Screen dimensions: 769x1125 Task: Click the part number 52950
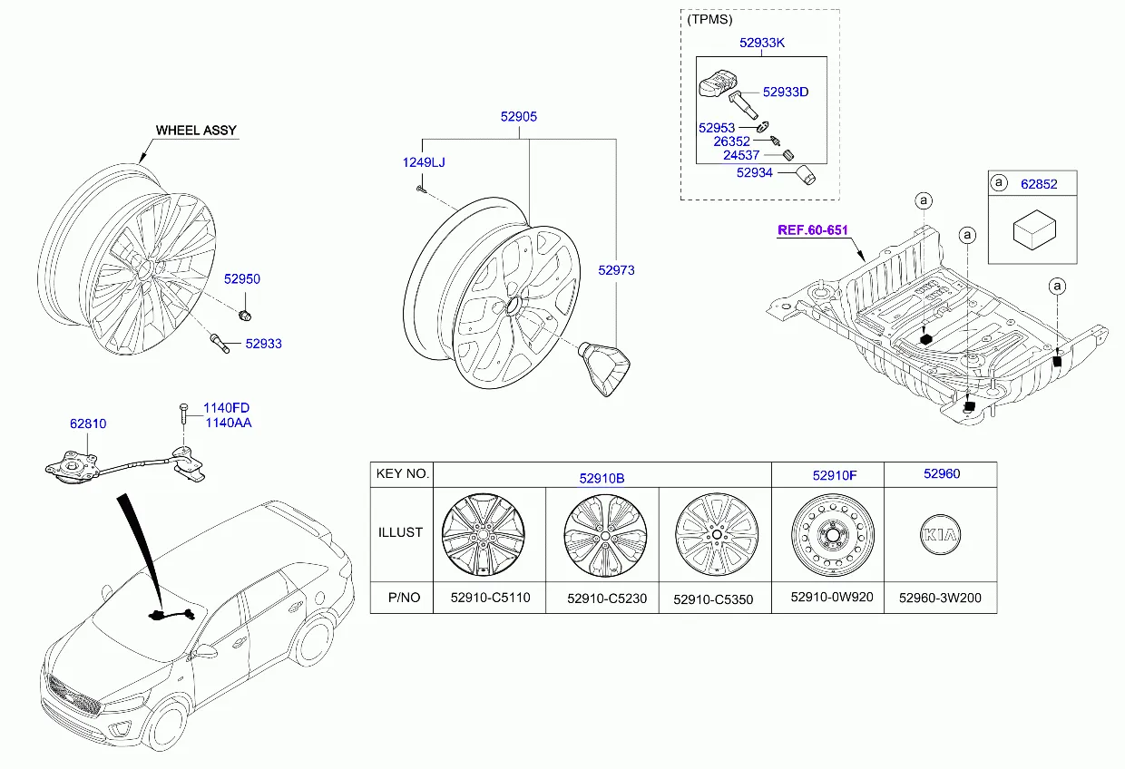coord(242,279)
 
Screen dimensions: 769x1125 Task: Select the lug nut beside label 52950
coord(244,316)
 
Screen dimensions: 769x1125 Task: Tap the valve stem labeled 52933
coord(220,344)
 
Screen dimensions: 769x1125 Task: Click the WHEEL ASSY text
coord(196,131)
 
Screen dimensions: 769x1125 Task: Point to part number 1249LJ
coord(424,162)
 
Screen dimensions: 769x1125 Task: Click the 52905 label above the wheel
coord(519,117)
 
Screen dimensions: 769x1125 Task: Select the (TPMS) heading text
coord(709,19)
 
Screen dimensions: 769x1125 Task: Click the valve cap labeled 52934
coord(806,174)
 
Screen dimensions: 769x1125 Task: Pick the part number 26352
coord(731,141)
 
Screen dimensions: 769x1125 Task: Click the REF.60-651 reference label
coord(813,230)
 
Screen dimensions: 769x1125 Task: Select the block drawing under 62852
coord(1032,231)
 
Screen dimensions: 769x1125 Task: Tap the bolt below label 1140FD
coord(183,420)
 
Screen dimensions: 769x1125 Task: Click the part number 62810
coord(88,423)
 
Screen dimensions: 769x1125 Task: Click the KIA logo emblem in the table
coord(940,536)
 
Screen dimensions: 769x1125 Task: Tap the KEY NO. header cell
coord(401,474)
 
